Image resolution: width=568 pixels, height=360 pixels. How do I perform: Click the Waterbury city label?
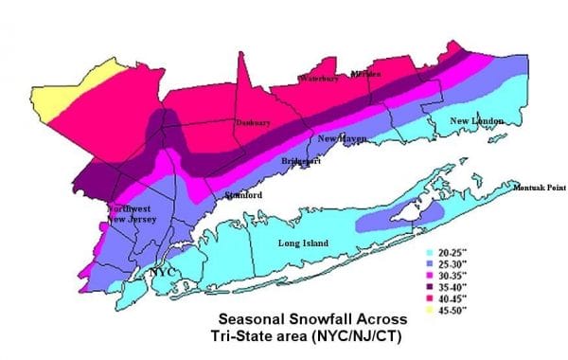coord(319,79)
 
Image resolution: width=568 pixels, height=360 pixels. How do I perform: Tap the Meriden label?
coord(365,74)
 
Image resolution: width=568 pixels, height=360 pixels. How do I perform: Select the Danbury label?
coord(254,122)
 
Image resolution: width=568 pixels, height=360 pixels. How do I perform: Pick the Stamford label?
coord(243,196)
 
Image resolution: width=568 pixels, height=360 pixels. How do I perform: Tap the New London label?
coord(474,121)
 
